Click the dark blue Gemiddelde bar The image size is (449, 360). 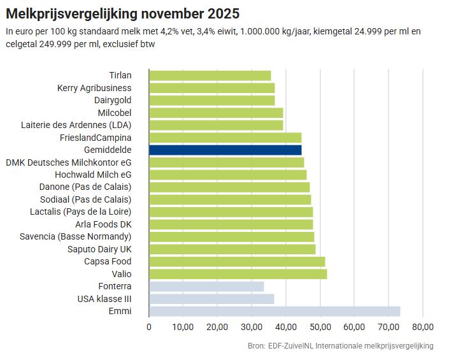[x=225, y=150]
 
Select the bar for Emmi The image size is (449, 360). [x=274, y=311]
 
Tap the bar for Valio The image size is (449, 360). [x=238, y=274]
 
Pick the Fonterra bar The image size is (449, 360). [x=206, y=286]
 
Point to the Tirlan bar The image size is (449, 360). [x=210, y=75]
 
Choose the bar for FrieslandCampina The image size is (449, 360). [x=225, y=137]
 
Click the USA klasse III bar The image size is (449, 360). [x=211, y=299]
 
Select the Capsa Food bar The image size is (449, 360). [x=237, y=261]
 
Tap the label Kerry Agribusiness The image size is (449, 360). [x=94, y=88]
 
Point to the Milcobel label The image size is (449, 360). [x=115, y=113]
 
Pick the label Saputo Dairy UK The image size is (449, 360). [x=99, y=249]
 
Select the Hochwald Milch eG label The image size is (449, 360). [x=94, y=175]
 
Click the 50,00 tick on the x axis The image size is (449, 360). [x=320, y=327]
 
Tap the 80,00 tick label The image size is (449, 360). [x=423, y=327]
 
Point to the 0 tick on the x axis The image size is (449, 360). [x=149, y=327]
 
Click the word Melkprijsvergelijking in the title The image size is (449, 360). [x=79, y=13]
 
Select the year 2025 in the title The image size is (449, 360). [x=225, y=13]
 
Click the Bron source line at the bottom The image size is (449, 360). [x=340, y=346]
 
